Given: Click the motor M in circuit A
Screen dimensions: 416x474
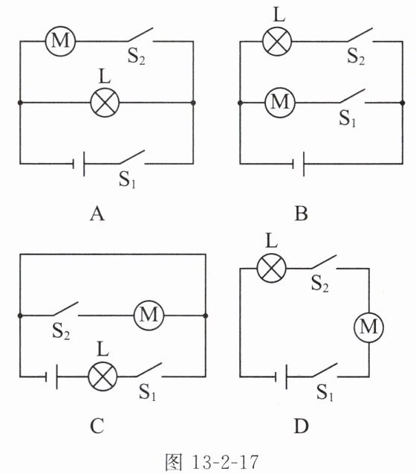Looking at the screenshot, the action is tap(60, 41).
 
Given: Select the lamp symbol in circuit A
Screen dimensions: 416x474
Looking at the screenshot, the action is tap(105, 103).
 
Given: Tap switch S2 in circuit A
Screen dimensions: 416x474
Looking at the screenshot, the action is tap(140, 35).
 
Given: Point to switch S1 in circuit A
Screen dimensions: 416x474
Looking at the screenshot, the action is tap(132, 157).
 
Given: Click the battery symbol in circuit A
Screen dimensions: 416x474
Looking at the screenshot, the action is tap(79, 164).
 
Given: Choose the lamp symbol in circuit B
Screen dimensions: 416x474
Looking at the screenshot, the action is tap(277, 41).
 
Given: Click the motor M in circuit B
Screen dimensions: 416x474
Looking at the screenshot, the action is tap(280, 103).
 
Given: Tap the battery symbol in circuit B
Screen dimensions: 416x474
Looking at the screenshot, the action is tap(299, 164).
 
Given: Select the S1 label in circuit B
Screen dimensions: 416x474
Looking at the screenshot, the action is tap(348, 118).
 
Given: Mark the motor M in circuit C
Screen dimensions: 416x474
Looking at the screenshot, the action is tap(149, 316).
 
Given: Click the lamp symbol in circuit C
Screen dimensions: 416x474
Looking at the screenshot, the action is tap(103, 377).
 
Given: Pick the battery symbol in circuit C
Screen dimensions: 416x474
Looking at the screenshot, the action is tap(51, 377).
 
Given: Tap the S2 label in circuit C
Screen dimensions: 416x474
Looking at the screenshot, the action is tap(61, 331).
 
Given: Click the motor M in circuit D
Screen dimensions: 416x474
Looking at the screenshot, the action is tap(369, 327).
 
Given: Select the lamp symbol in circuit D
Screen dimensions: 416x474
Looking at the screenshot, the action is tap(271, 268).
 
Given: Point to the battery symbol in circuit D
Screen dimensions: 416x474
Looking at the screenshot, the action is tap(281, 377).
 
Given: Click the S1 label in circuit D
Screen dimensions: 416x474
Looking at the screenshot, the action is tap(325, 393).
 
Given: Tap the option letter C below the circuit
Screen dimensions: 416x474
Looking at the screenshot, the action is tap(97, 426).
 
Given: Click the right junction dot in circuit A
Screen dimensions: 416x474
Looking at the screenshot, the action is tap(193, 103).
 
